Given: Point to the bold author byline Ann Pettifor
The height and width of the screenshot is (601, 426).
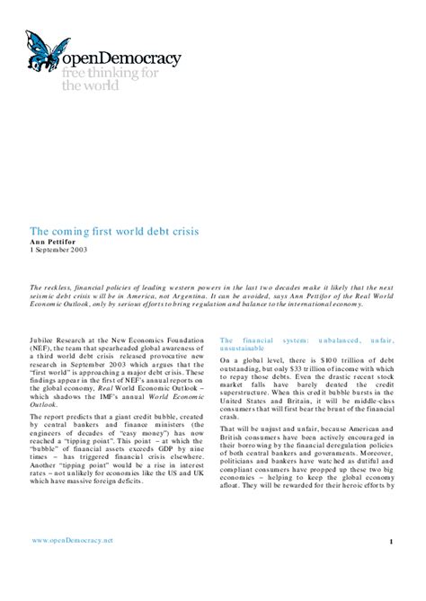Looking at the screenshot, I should pos(57,242).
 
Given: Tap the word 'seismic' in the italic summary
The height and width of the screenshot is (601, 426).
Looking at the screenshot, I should pos(46,294).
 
